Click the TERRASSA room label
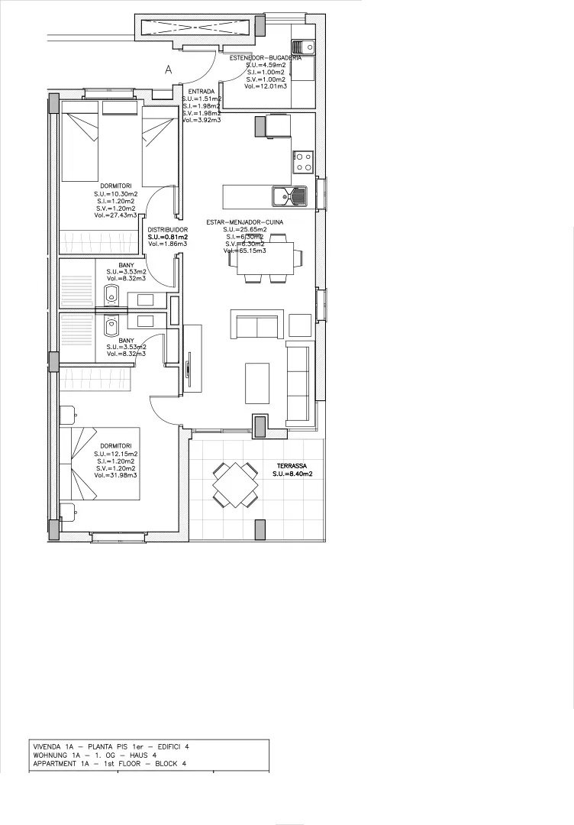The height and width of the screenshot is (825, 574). [x=292, y=465]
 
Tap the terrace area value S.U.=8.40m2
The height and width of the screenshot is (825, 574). [x=292, y=474]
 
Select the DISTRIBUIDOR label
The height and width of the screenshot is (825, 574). [x=167, y=229]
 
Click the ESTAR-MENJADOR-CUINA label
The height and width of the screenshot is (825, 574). [x=244, y=222]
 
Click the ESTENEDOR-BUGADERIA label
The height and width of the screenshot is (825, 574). [x=265, y=58]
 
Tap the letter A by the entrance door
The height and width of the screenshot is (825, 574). [x=169, y=70]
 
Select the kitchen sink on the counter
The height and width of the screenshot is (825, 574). [x=288, y=196]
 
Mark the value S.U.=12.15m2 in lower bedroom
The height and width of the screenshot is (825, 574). [x=115, y=454]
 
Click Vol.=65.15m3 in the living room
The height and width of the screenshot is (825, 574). [x=244, y=251]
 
